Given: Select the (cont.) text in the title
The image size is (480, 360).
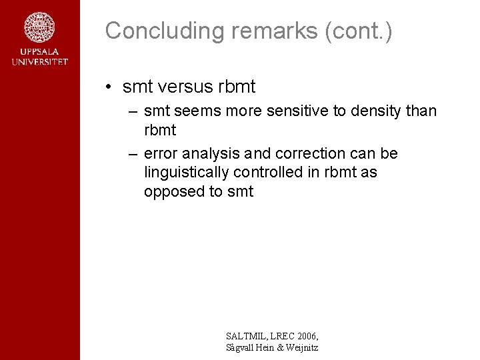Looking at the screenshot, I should tap(359, 31).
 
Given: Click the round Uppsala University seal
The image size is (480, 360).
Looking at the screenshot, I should tap(40, 28).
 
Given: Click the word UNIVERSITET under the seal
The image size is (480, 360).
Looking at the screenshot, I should tap(40, 62).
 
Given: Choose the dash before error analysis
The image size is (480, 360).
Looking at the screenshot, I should tap(133, 154).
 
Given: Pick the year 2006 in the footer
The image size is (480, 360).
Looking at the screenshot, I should tap(305, 336).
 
